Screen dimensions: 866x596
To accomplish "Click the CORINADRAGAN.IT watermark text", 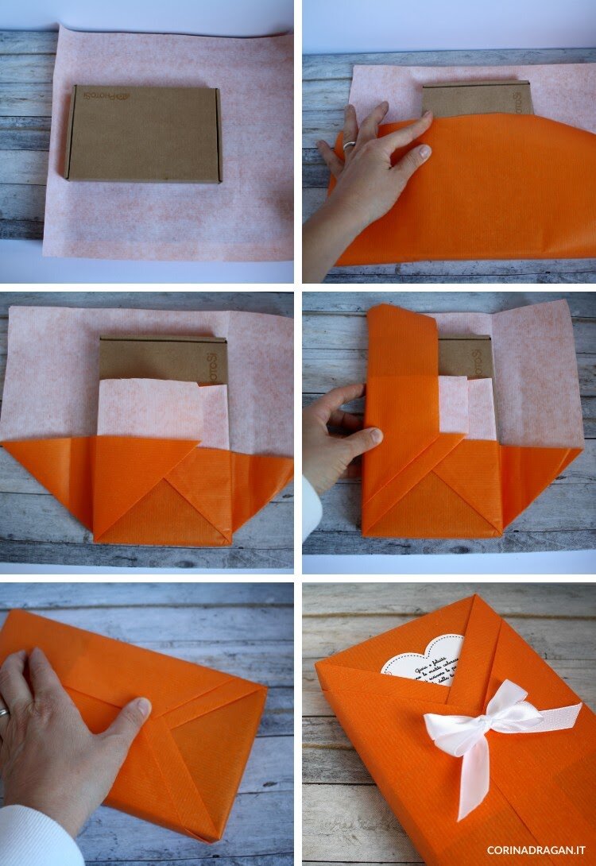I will point(537,849).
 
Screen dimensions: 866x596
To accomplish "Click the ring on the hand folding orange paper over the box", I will point(349,145).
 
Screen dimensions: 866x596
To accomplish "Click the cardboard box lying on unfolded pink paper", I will point(143,133).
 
